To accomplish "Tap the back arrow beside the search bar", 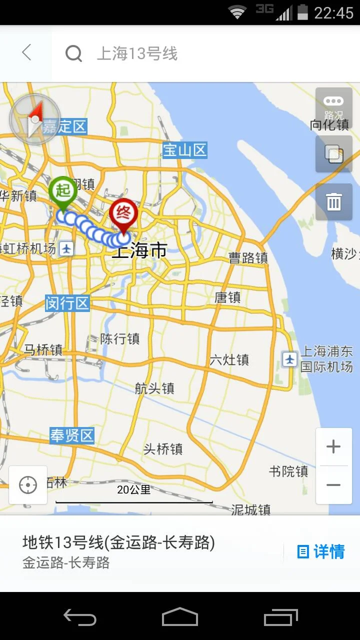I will point(26,52).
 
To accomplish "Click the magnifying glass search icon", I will point(73,53).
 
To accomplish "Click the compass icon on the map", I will point(34,119).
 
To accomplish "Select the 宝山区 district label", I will point(185,150).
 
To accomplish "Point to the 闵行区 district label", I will point(67,303).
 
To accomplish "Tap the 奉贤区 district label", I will point(72,435).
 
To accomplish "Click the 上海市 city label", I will point(139,250).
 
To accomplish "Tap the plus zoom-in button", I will point(333,447).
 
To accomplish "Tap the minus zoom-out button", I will point(333,485).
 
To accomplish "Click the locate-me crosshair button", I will point(28,485).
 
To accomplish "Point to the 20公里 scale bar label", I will point(133,490).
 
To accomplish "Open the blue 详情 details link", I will point(321,552).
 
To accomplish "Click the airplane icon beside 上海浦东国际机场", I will point(289,359).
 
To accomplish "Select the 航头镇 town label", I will point(154,388).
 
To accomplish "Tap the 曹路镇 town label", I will point(248,258).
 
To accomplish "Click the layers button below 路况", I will point(333,154).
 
